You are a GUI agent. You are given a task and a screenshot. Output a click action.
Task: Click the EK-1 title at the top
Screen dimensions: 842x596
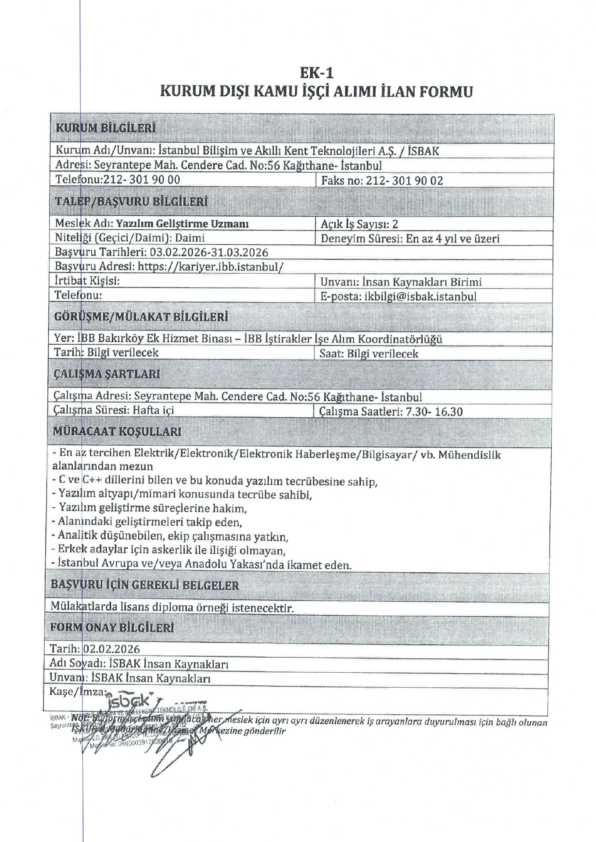click(316, 72)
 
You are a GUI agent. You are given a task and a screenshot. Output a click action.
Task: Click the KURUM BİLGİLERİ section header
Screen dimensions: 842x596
click(105, 128)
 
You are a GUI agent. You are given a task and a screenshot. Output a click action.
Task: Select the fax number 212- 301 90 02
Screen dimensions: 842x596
click(404, 180)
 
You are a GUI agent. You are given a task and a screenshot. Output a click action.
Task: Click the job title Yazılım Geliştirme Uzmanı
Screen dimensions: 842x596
click(182, 223)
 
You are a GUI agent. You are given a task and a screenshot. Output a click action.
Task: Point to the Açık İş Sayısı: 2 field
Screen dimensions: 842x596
click(359, 224)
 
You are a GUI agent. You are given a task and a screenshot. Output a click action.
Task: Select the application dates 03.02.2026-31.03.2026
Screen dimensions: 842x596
click(209, 253)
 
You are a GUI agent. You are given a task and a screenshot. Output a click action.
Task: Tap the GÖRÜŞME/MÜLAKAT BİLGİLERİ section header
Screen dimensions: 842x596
click(141, 317)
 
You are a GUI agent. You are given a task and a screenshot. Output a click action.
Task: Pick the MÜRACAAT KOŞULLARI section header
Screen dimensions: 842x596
click(117, 432)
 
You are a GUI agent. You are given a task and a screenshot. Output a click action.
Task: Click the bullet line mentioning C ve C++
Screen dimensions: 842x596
click(215, 482)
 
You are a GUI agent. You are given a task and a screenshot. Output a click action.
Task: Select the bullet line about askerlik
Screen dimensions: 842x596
click(169, 550)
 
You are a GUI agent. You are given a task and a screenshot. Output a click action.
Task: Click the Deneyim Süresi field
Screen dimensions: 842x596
click(410, 239)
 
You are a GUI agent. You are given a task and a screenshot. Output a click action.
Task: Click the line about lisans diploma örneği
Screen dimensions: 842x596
click(172, 608)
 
